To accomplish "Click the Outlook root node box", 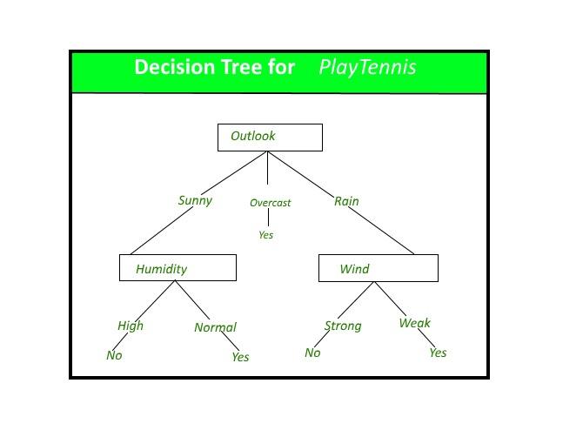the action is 270,138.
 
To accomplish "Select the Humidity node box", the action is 178,268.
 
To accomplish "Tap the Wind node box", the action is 379,268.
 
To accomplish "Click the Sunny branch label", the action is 195,200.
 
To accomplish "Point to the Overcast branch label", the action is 271,203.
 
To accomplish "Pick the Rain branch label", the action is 346,201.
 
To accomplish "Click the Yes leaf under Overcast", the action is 266,235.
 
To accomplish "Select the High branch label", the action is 131,326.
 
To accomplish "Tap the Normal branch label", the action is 215,327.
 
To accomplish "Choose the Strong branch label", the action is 343,326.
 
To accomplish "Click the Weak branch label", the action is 414,323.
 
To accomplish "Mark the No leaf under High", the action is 114,355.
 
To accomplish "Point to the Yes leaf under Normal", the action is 240,357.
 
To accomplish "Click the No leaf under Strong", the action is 312,353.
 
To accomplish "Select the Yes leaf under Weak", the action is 438,353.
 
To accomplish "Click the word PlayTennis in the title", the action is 367,68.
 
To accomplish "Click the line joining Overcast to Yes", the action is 269,218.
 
